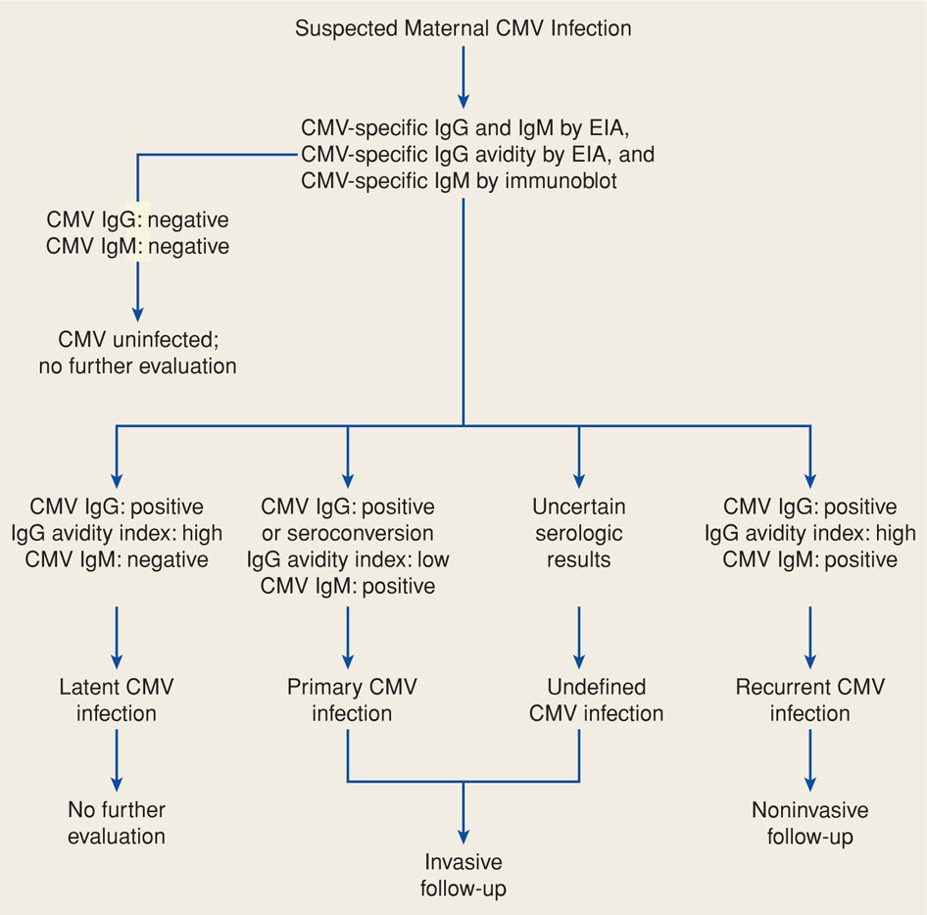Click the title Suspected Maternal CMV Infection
tap(463, 27)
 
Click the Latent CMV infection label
tap(117, 699)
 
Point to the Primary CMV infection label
tap(352, 699)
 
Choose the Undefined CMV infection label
tap(596, 699)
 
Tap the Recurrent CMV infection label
tap(809, 699)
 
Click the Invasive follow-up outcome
tap(463, 876)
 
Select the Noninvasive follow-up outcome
tap(809, 823)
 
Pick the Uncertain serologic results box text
tap(579, 534)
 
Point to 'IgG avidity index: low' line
tap(347, 560)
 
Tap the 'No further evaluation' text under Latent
tap(117, 823)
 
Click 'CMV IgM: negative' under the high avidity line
tap(117, 560)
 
